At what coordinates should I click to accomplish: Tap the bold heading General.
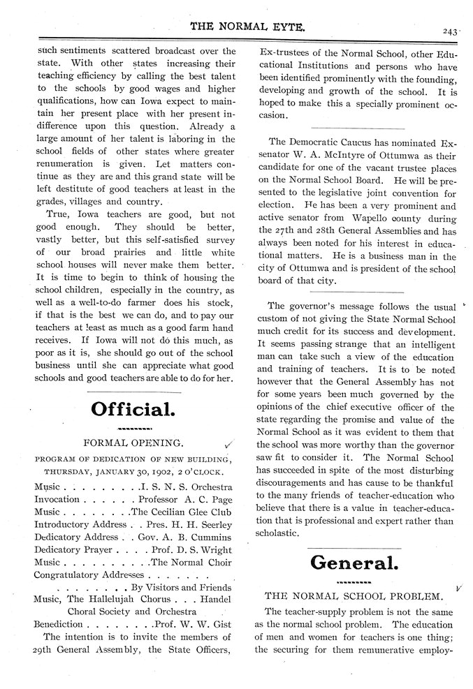[x=354, y=562]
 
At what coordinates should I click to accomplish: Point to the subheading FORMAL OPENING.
[x=133, y=443]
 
